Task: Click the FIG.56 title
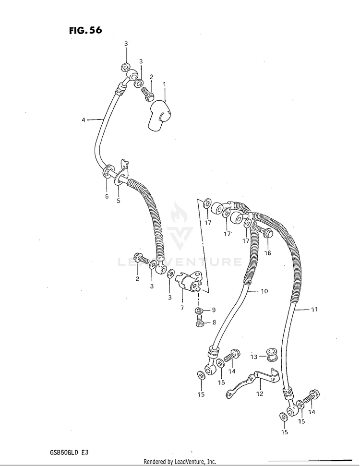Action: [x=85, y=31]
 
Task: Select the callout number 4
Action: [x=83, y=120]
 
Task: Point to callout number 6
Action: [x=107, y=196]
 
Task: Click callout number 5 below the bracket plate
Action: [x=119, y=200]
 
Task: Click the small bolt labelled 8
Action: [x=201, y=323]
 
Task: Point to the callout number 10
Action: [x=264, y=291]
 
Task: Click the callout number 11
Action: [x=313, y=310]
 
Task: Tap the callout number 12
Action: [x=260, y=394]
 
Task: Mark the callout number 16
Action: [x=268, y=253]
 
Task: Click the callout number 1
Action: [x=164, y=84]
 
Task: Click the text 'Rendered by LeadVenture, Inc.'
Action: [x=180, y=462]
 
